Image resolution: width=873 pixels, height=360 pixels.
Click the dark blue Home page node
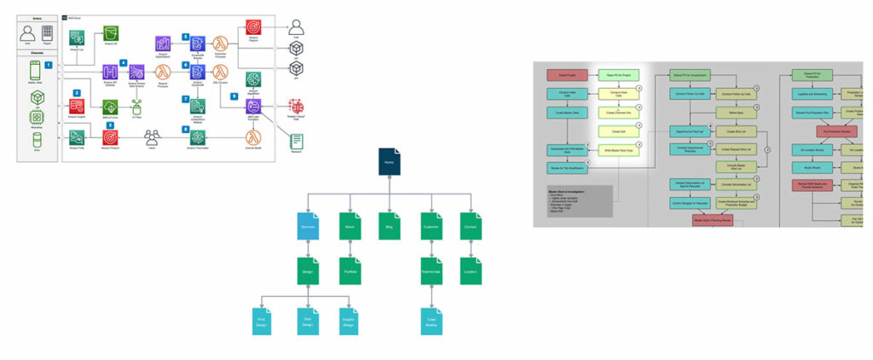[389, 163]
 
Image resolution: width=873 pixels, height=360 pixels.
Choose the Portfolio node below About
[348, 270]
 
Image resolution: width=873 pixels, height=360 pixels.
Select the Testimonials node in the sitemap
[431, 270]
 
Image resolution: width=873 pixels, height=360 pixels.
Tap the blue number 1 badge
[49, 65]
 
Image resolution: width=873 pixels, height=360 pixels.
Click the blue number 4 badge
[124, 63]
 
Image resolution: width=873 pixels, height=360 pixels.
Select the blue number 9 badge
[235, 97]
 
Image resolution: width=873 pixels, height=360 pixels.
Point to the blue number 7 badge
[185, 99]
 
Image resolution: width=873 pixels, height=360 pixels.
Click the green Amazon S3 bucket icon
[110, 33]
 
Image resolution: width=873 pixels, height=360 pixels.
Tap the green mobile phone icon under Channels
[37, 73]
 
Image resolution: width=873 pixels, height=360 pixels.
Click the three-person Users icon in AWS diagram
[153, 136]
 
